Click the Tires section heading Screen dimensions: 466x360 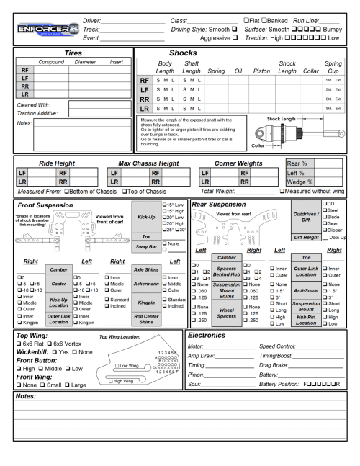(68, 53)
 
